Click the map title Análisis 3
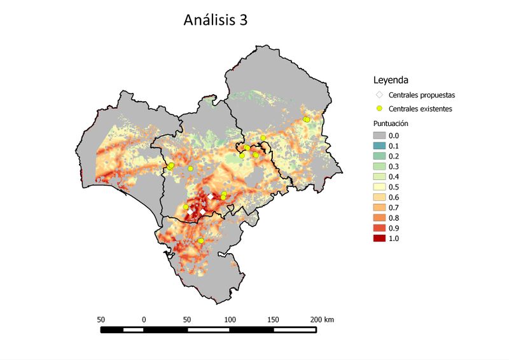pyautogui.click(x=216, y=20)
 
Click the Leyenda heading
pyautogui.click(x=390, y=81)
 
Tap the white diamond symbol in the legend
pyautogui.click(x=379, y=95)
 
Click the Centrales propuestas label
pyautogui.click(x=421, y=95)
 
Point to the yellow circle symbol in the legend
pyautogui.click(x=379, y=109)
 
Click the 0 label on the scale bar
pyautogui.click(x=144, y=319)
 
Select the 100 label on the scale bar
pyautogui.click(x=230, y=319)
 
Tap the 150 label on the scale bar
pyautogui.click(x=273, y=319)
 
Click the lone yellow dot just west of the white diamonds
pyautogui.click(x=186, y=207)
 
